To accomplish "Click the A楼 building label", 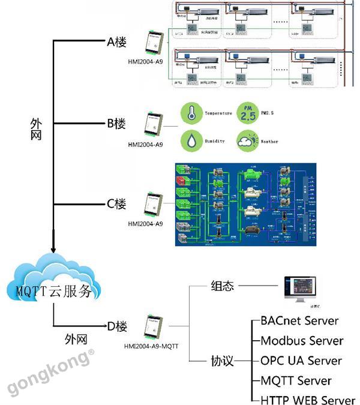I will (x=116, y=43).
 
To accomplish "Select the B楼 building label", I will (x=116, y=124).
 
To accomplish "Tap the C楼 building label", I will (x=116, y=204).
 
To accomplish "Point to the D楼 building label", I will (x=117, y=327).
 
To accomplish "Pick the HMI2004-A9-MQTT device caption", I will (x=151, y=346).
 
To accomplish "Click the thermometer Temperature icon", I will (x=190, y=113).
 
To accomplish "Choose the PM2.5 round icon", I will (x=247, y=113).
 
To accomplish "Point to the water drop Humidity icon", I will (x=190, y=141).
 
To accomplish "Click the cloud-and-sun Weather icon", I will (x=247, y=142).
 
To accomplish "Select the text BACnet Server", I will (x=299, y=322).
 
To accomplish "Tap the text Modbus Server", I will (x=302, y=341).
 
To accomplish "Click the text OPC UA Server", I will (x=301, y=361).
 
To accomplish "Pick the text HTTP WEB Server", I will (x=308, y=400).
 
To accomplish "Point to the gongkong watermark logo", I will (x=51, y=373).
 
